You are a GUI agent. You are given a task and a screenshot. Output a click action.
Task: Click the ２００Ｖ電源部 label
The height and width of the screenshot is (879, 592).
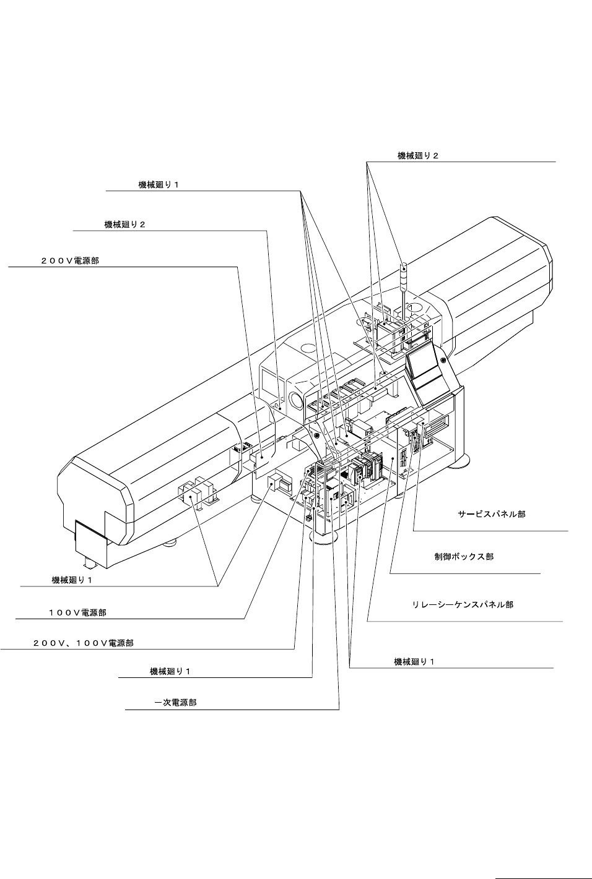pyautogui.click(x=69, y=261)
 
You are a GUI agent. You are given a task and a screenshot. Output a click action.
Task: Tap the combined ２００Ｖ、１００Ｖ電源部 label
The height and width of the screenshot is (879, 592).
pyautogui.click(x=83, y=643)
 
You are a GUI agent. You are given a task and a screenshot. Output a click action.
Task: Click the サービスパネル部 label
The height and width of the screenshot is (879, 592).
pyautogui.click(x=492, y=514)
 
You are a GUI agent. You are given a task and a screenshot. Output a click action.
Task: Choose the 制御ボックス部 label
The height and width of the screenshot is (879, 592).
pyautogui.click(x=464, y=557)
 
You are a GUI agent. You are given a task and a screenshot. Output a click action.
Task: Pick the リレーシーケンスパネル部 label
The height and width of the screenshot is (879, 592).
pyautogui.click(x=463, y=604)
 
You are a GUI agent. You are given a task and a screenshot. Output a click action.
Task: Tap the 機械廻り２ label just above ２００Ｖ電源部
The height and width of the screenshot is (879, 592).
pyautogui.click(x=124, y=225)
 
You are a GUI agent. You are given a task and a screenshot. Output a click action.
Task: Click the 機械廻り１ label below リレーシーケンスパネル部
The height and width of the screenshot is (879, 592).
pyautogui.click(x=414, y=662)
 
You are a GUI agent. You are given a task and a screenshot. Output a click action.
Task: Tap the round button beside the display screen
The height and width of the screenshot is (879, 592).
pyautogui.click(x=443, y=360)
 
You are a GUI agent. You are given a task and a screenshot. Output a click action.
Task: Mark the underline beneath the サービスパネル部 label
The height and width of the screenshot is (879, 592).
pyautogui.click(x=490, y=531)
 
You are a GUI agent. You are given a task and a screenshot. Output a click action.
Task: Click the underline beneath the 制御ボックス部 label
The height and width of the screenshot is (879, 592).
pyautogui.click(x=465, y=573)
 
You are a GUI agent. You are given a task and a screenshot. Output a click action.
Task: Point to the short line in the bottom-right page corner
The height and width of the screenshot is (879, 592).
pyautogui.click(x=543, y=877)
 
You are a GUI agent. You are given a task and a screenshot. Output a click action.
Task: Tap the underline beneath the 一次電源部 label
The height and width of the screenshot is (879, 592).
pyautogui.click(x=232, y=710)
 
